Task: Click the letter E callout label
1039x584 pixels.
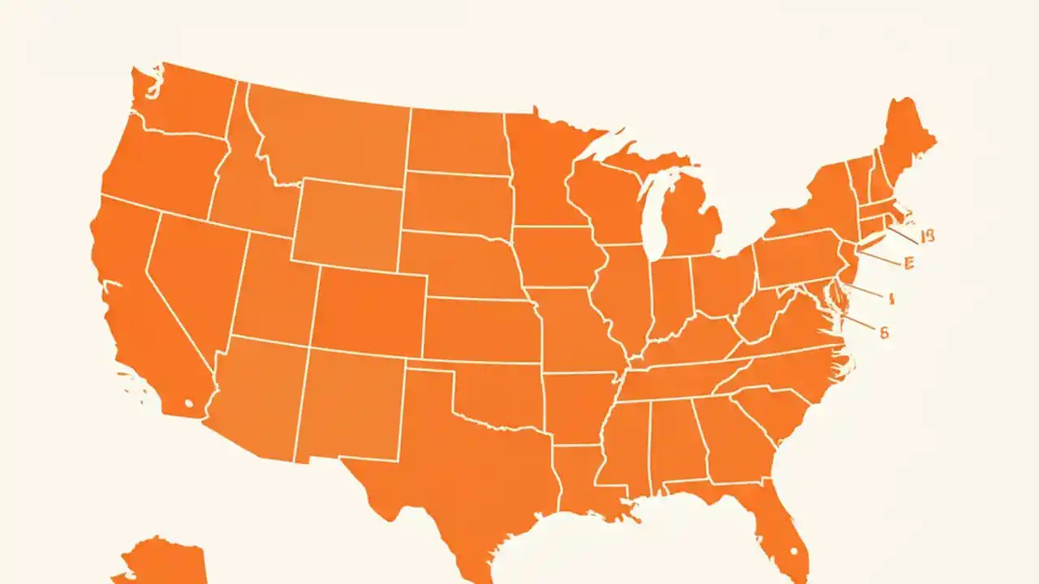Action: (908, 263)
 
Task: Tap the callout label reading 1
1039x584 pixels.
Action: (890, 298)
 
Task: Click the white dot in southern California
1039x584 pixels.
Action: (189, 402)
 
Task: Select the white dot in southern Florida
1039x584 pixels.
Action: (793, 553)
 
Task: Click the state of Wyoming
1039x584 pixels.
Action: (347, 223)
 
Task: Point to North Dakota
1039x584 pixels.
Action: (456, 141)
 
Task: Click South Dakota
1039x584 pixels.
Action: (456, 202)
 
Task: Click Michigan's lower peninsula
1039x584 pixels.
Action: (690, 223)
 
